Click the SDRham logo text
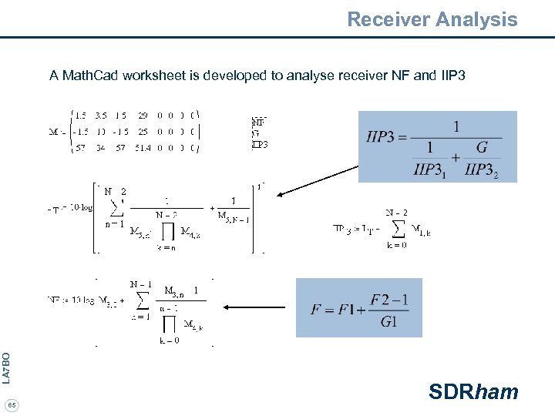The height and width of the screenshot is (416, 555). (473, 392)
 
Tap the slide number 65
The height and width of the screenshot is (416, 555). (11, 404)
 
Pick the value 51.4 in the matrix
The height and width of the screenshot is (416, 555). (143, 148)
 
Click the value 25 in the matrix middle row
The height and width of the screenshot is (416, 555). (143, 131)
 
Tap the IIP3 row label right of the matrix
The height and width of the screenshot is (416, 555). (260, 144)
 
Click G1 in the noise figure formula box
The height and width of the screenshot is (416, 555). (389, 321)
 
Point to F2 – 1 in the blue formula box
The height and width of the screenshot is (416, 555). (388, 299)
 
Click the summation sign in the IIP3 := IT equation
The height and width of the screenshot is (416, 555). (398, 229)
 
